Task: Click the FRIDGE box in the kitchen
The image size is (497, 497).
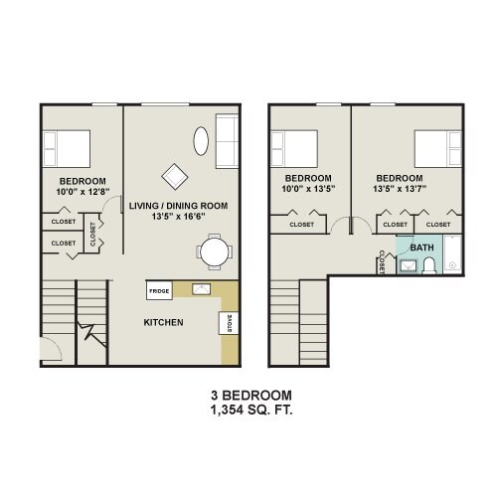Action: click(158, 290)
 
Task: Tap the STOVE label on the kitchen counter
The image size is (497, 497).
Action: click(227, 325)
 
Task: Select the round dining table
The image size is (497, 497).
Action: click(214, 252)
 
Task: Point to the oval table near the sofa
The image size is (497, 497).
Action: click(201, 140)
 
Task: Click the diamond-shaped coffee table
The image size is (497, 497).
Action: click(176, 176)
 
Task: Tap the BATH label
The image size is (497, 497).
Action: click(421, 248)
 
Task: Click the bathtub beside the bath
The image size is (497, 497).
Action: click(452, 254)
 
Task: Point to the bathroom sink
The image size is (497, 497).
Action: click(408, 265)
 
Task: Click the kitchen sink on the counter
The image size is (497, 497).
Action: click(202, 290)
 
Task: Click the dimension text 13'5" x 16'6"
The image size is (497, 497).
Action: click(179, 217)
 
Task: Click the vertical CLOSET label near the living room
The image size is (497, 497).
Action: click(93, 235)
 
